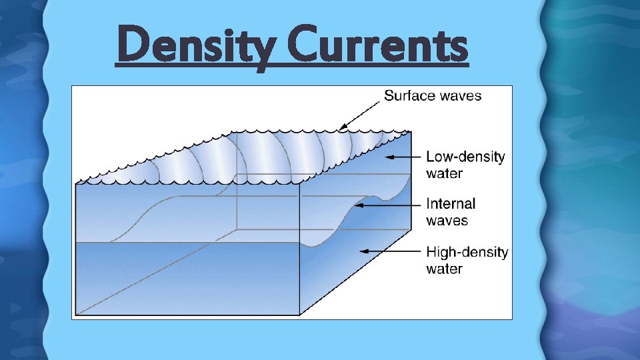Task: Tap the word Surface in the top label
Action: coord(408,95)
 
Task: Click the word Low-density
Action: coord(465,157)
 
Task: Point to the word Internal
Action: coord(451,203)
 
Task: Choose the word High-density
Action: coord(467,253)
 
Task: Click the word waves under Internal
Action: coord(447,220)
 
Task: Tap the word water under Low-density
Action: coord(445,173)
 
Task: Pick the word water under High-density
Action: coord(445,269)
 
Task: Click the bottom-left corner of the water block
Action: coord(76,315)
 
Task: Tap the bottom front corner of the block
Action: coord(299,315)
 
